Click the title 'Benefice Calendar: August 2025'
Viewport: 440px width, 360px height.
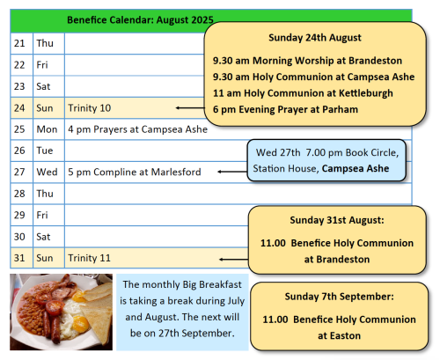click(x=140, y=20)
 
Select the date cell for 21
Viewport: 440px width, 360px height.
click(x=22, y=43)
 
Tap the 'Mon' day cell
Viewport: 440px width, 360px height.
click(x=48, y=129)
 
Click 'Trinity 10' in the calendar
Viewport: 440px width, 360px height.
click(x=90, y=108)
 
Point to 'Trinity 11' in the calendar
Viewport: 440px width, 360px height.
click(x=90, y=258)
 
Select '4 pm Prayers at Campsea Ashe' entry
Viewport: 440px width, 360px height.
click(x=137, y=129)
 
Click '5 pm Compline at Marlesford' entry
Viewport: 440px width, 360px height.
click(x=135, y=172)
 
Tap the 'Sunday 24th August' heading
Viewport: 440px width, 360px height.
click(x=315, y=38)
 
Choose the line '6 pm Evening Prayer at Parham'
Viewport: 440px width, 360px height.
click(x=285, y=109)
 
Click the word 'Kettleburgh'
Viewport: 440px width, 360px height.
click(x=366, y=93)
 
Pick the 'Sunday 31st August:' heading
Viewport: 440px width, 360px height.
click(x=337, y=220)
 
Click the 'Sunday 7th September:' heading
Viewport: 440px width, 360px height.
click(x=339, y=297)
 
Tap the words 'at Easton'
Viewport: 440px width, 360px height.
click(x=339, y=335)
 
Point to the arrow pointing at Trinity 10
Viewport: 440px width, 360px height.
click(x=190, y=108)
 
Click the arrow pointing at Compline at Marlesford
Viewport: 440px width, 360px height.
click(x=232, y=172)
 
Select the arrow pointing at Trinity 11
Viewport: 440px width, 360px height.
click(x=234, y=260)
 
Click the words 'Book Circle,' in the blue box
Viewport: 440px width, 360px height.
click(x=372, y=152)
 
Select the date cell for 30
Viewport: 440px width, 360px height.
click(x=22, y=237)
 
